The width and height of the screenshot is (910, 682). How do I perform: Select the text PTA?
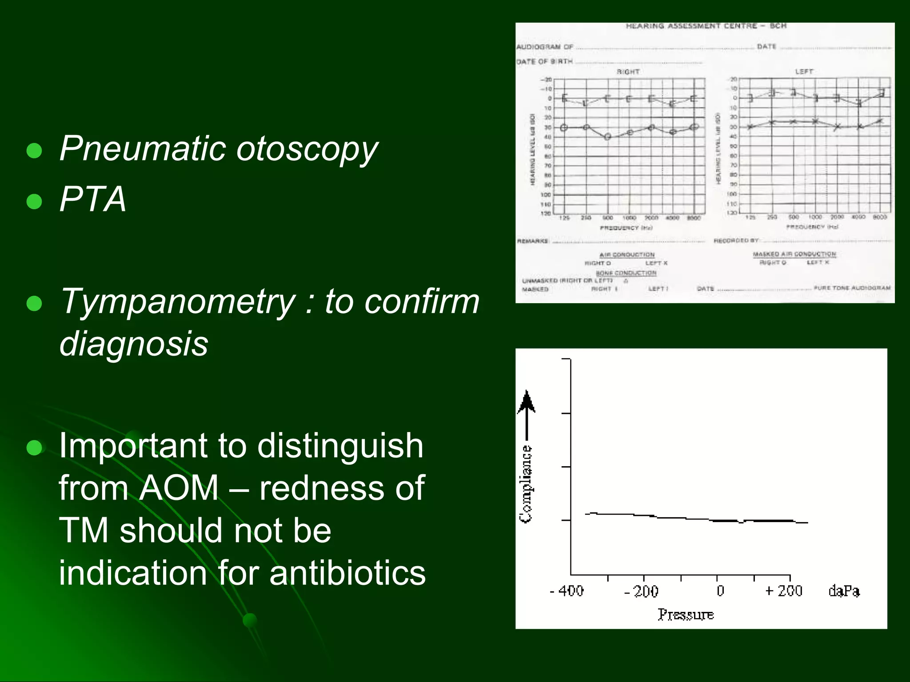[92, 199]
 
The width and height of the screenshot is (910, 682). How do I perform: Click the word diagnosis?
[133, 344]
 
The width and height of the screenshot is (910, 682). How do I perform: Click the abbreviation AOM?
[179, 488]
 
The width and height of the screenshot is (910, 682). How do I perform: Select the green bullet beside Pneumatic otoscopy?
[34, 151]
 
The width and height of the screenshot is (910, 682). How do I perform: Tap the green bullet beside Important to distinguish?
[34, 448]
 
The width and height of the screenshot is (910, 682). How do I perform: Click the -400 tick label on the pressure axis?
[567, 591]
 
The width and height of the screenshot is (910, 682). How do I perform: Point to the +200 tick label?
[784, 591]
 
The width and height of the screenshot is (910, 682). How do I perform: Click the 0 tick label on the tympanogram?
[720, 591]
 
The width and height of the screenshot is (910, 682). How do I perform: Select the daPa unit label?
[844, 591]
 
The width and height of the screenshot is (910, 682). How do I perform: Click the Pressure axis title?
[686, 615]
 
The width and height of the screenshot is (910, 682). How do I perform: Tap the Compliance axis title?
[526, 484]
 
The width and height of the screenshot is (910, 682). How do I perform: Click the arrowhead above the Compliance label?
[527, 400]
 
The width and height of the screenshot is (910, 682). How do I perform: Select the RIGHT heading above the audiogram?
[628, 71]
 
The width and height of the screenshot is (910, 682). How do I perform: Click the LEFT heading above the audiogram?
[804, 71]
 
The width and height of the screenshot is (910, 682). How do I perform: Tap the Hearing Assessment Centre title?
[706, 26]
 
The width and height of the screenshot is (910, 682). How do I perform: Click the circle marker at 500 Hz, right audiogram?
[607, 137]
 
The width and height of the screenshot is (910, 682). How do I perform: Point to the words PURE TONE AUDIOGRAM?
[852, 288]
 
